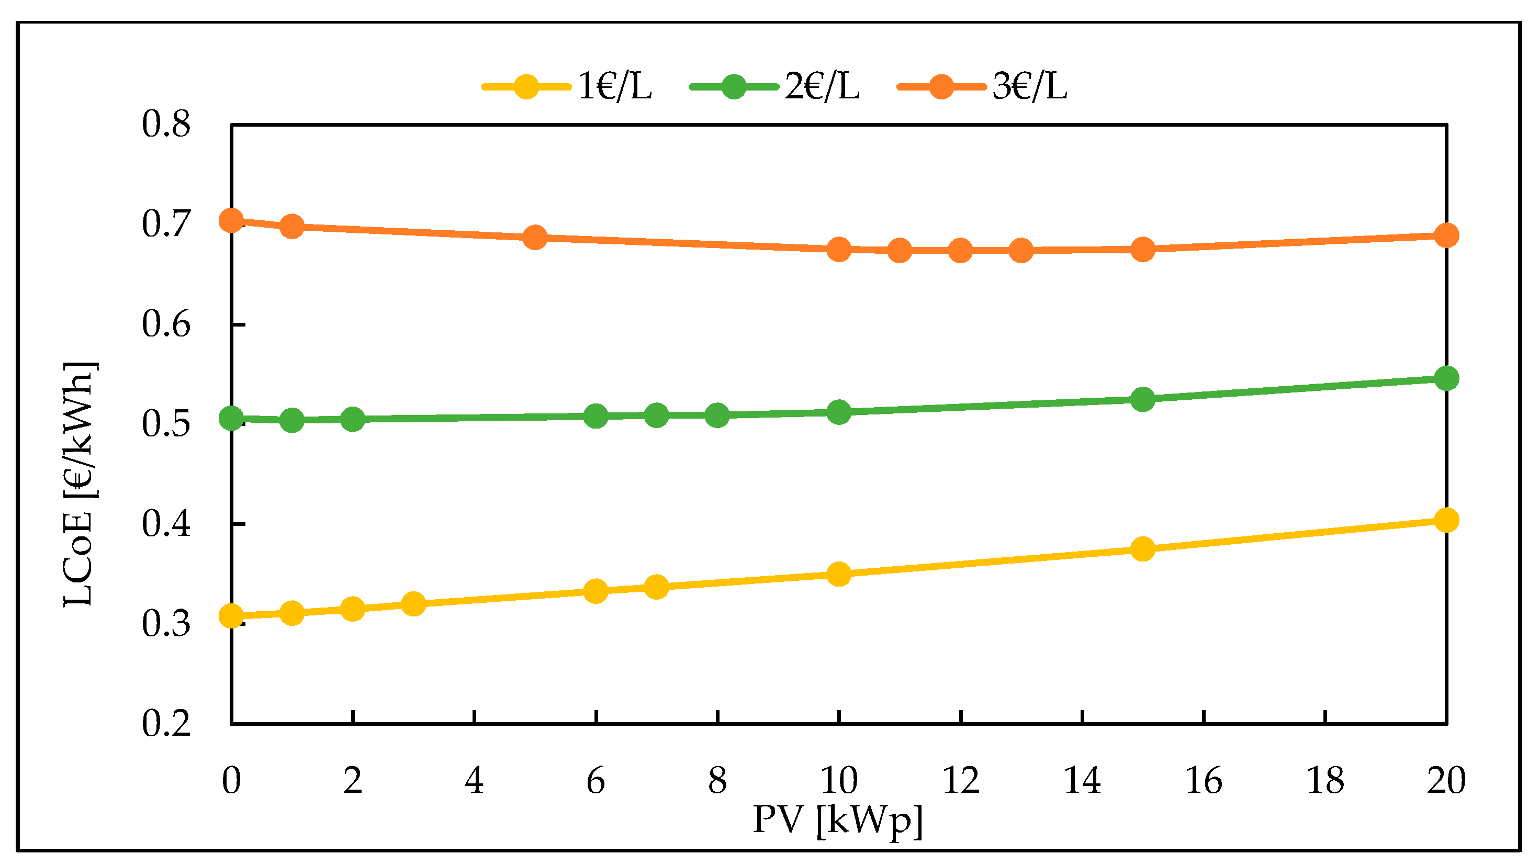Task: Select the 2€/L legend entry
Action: (774, 87)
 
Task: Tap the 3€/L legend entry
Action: (982, 87)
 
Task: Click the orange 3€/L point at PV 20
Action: (1446, 235)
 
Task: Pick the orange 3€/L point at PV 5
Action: (535, 238)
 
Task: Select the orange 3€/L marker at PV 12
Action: (960, 251)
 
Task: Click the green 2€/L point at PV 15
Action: (1142, 399)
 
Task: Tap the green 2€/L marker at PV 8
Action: (717, 415)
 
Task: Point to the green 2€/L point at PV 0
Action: (231, 419)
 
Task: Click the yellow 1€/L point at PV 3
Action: (413, 604)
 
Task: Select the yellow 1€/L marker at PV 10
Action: (839, 575)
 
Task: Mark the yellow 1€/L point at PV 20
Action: (1446, 520)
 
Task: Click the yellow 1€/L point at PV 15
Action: (1142, 549)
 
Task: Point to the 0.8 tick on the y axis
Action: (166, 125)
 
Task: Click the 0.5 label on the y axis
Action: (166, 425)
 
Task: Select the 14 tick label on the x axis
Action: (1082, 781)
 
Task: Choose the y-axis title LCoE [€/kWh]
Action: (78, 484)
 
